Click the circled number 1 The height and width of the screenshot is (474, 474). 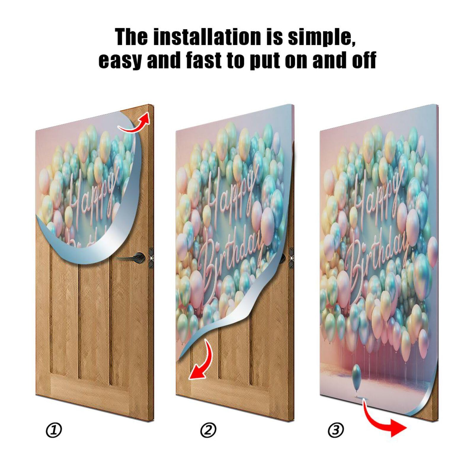click(x=54, y=430)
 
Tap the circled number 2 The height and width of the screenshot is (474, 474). click(x=208, y=430)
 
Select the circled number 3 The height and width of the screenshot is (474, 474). click(x=336, y=430)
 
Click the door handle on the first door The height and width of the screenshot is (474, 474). click(x=135, y=257)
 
